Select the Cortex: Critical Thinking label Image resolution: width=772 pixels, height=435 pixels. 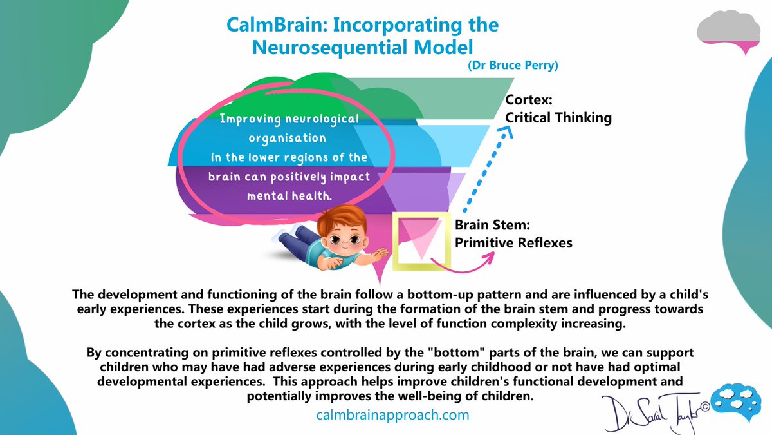click(x=558, y=109)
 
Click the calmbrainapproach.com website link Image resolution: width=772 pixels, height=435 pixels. click(x=392, y=415)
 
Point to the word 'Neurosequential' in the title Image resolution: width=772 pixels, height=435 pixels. click(x=341, y=48)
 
